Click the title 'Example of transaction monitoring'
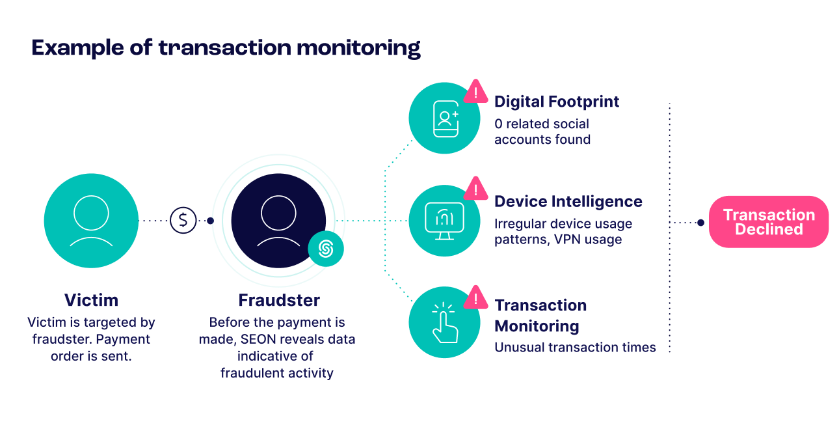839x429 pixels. tap(226, 49)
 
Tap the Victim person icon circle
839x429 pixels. tap(91, 221)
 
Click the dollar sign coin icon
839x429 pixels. tap(183, 221)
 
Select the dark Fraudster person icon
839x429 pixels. tap(278, 220)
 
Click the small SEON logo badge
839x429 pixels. tap(326, 249)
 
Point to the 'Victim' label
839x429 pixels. tap(91, 301)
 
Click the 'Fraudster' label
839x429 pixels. tap(278, 301)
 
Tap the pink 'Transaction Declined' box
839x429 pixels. tap(769, 222)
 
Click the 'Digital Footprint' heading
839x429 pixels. tap(557, 102)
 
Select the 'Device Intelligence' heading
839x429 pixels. tap(568, 202)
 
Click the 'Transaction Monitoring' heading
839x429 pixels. tap(540, 316)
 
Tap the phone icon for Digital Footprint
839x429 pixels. tap(445, 118)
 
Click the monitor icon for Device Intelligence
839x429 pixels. tap(444, 221)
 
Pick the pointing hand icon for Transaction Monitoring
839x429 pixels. tap(445, 323)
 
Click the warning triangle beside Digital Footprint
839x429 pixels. tap(476, 94)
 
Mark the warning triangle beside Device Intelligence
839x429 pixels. tap(476, 190)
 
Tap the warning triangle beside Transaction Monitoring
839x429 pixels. tap(476, 299)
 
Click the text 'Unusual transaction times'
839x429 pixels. tap(575, 348)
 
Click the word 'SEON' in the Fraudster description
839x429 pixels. tap(260, 340)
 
